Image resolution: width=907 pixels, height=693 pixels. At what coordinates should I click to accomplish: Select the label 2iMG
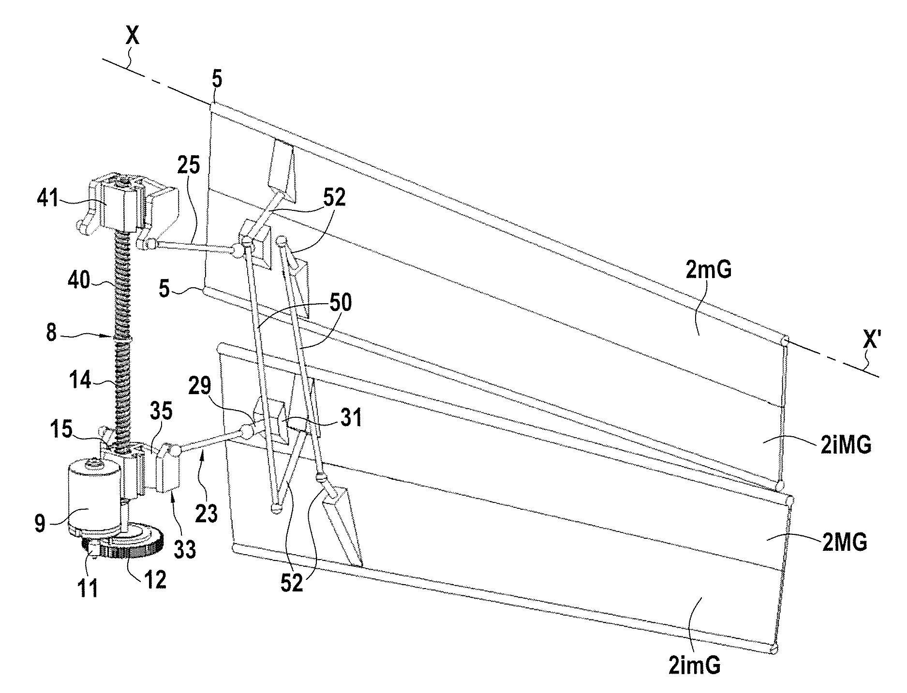click(845, 445)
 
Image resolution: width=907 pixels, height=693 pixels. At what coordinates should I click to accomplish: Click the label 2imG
click(694, 666)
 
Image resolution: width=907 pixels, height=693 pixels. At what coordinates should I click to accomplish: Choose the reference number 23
click(206, 514)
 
